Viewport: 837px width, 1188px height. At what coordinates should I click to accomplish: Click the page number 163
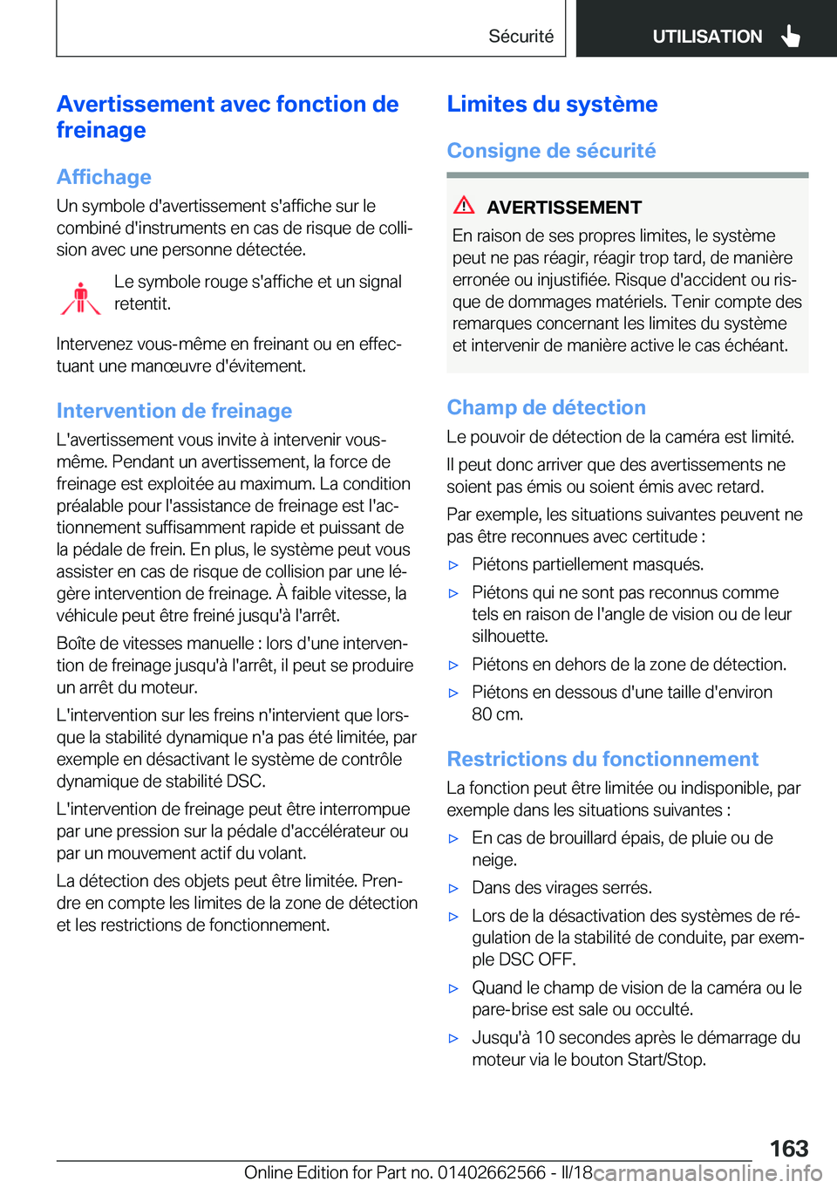(x=788, y=1148)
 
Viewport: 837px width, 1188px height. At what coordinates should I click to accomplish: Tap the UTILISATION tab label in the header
(x=707, y=37)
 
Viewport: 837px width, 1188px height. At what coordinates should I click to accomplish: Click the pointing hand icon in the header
(x=791, y=36)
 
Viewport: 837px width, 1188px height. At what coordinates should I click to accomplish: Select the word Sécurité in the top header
(x=521, y=37)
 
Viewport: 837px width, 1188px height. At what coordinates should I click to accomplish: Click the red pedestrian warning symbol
(x=81, y=297)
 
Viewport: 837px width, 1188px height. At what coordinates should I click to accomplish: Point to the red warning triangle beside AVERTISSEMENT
(x=464, y=206)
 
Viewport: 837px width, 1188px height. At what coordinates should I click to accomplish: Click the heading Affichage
(x=104, y=177)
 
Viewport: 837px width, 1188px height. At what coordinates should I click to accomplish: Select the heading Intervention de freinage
(x=174, y=411)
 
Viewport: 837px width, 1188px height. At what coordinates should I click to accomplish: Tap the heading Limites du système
(x=552, y=104)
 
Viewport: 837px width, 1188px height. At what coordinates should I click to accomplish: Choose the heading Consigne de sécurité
(x=551, y=151)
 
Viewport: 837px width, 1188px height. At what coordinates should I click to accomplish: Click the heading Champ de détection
(x=546, y=407)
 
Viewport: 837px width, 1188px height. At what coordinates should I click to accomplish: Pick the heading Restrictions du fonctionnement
(x=602, y=759)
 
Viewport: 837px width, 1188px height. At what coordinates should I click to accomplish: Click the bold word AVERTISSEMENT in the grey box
(x=564, y=208)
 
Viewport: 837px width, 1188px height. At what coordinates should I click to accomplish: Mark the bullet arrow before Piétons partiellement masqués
(x=453, y=565)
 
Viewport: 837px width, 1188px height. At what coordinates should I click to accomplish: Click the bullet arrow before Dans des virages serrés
(x=453, y=889)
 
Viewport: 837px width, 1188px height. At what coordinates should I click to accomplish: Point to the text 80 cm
(x=498, y=714)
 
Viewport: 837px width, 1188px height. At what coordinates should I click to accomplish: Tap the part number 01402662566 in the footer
(x=492, y=1172)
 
